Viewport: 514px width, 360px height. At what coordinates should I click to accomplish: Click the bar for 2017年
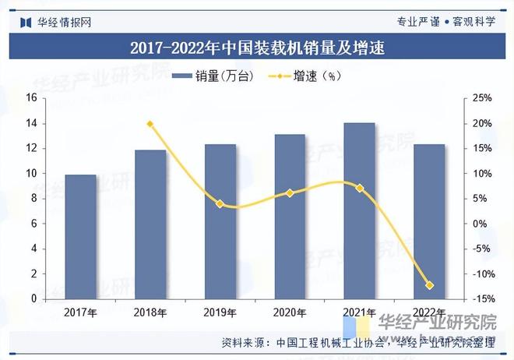(x=81, y=237)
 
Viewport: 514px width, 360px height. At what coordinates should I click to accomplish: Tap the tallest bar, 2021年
(x=359, y=211)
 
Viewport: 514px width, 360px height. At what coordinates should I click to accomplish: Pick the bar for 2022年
(x=429, y=222)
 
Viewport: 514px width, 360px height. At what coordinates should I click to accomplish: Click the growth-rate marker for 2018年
(x=150, y=124)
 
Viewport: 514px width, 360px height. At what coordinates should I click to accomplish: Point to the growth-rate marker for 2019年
(x=220, y=204)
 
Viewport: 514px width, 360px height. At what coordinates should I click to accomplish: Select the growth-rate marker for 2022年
(x=429, y=285)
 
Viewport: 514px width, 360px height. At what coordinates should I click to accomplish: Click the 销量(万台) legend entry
(x=208, y=76)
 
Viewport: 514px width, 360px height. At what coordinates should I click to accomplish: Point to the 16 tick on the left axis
(x=33, y=98)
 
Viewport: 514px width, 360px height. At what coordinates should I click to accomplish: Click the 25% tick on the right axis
(x=483, y=98)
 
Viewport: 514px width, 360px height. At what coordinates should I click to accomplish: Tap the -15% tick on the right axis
(x=482, y=299)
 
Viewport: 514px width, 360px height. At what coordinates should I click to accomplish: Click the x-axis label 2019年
(x=220, y=313)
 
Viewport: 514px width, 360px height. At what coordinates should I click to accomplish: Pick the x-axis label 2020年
(x=290, y=313)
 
